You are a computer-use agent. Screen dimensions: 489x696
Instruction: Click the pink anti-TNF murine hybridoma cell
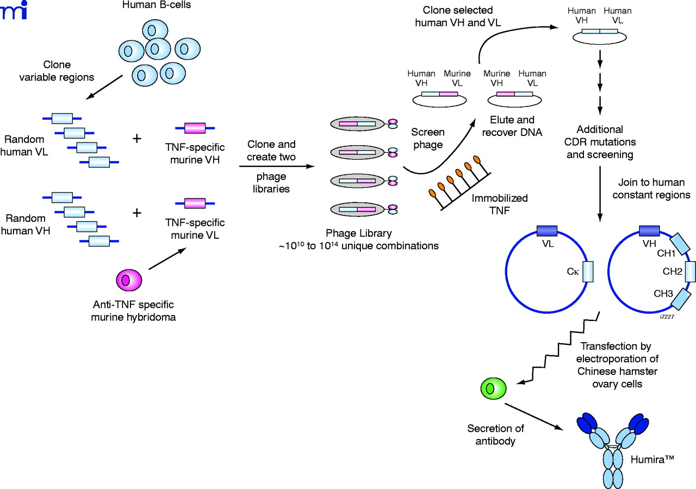click(129, 280)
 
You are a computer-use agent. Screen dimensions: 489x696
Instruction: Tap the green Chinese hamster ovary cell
click(493, 388)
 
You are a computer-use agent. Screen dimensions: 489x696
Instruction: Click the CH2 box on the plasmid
click(691, 270)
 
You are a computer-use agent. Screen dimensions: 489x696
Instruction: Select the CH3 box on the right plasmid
click(680, 299)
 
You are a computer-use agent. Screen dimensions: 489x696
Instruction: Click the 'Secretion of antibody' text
click(491, 433)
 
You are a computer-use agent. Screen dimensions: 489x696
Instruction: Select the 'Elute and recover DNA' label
click(512, 125)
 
